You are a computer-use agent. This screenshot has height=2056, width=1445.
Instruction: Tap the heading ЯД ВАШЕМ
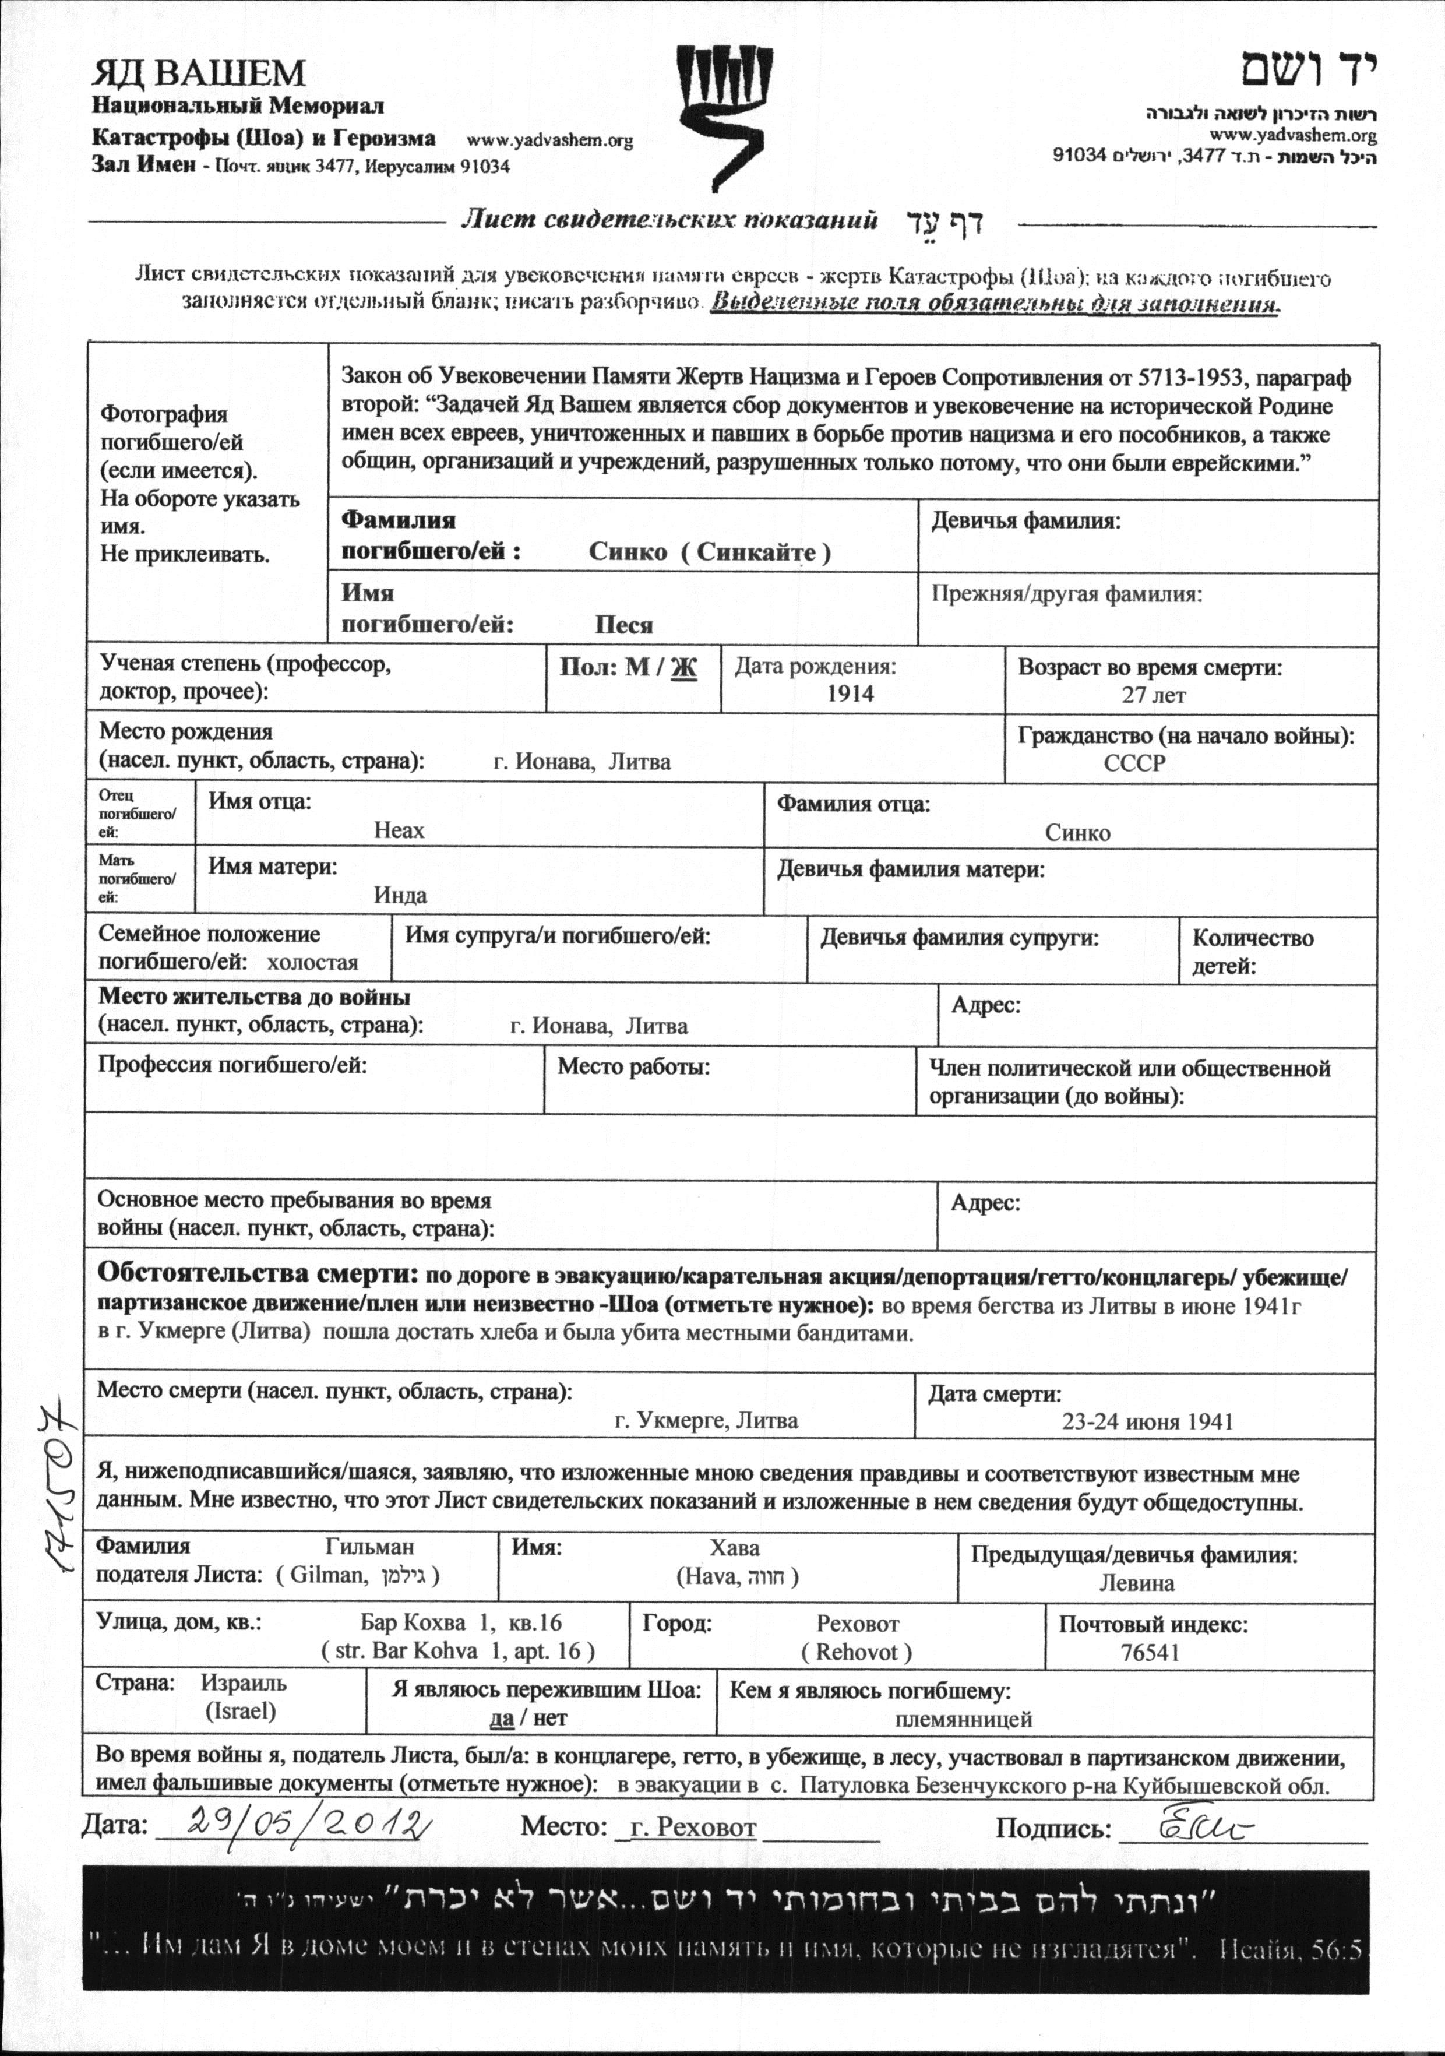(199, 72)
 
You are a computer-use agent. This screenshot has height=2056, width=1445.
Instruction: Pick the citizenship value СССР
(1135, 763)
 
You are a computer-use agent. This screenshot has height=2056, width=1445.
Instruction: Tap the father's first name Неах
(399, 830)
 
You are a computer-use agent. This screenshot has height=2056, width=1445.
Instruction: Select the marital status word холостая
(312, 963)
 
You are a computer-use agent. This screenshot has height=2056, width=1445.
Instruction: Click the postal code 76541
(1150, 1652)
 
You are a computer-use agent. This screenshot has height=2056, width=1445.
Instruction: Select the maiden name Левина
(1137, 1582)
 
